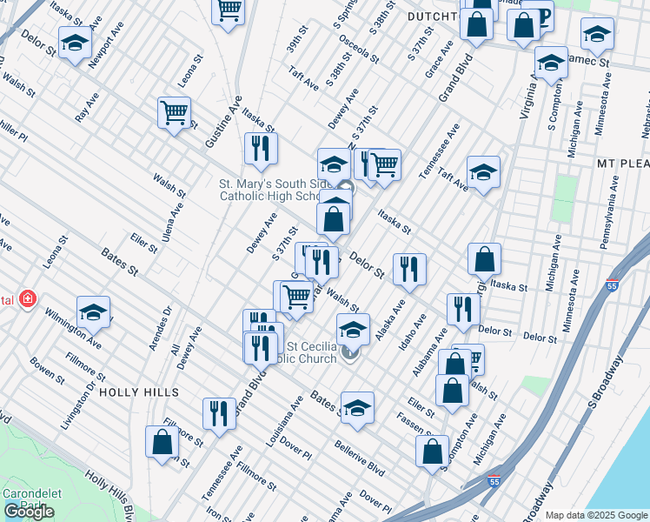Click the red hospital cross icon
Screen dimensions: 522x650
click(29, 299)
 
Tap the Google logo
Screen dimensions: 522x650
click(29, 512)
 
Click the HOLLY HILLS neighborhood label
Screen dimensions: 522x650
click(139, 392)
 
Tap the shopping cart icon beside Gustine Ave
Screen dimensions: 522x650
click(174, 112)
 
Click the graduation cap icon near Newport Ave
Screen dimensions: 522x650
click(76, 43)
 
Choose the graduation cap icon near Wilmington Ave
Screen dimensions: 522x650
click(94, 311)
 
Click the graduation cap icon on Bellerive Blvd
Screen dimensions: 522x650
click(356, 407)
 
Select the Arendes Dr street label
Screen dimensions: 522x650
click(162, 327)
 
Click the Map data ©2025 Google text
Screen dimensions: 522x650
click(596, 514)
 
